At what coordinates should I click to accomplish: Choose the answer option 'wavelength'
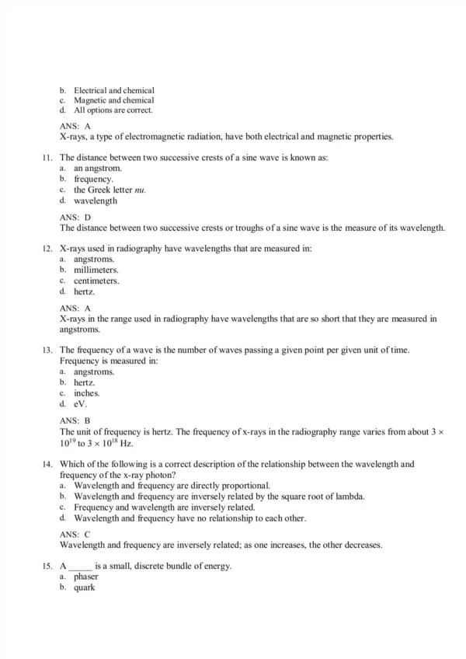pyautogui.click(x=96, y=200)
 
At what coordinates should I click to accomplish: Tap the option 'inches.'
pyautogui.click(x=87, y=393)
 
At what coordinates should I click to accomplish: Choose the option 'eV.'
pyautogui.click(x=81, y=404)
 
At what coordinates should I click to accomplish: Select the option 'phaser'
pyautogui.click(x=86, y=577)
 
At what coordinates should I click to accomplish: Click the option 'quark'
pyautogui.click(x=85, y=588)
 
